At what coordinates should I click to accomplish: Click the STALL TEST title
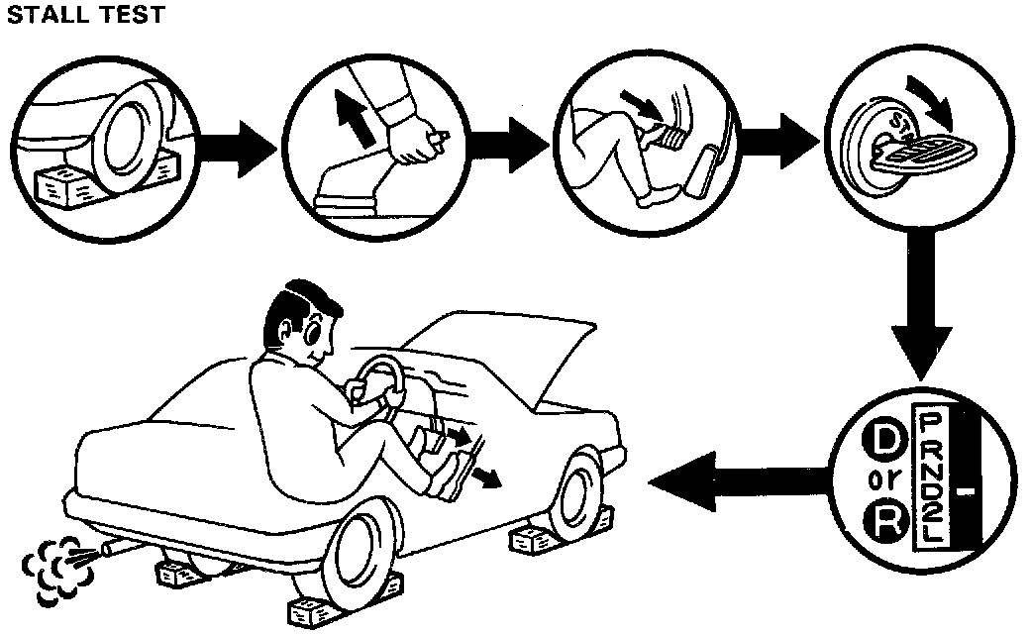pyautogui.click(x=84, y=17)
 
